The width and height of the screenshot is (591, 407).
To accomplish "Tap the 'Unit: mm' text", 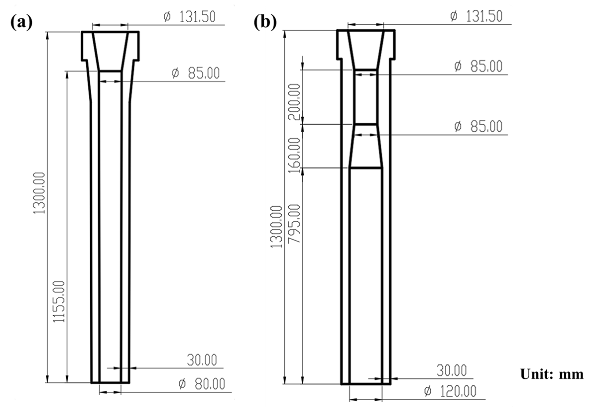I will click(x=552, y=375).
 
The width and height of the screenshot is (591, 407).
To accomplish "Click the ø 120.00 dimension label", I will click(x=450, y=391).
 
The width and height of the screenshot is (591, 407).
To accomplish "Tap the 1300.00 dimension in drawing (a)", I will click(x=40, y=193).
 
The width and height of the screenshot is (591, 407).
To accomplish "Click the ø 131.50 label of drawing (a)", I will click(x=190, y=17).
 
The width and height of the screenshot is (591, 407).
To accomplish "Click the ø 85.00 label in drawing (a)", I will click(x=196, y=73).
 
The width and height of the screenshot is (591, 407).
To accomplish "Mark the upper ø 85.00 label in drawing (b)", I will click(x=478, y=67).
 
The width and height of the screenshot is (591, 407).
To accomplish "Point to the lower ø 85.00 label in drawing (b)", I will click(x=478, y=127).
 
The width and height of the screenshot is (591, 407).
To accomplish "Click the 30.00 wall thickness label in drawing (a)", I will click(x=202, y=360).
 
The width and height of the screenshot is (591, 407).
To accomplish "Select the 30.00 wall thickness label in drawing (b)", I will click(x=451, y=371).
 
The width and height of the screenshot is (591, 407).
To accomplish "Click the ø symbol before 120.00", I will click(x=427, y=391).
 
